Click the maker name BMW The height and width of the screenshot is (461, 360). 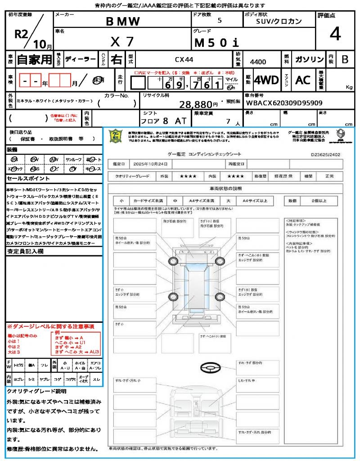(122, 21)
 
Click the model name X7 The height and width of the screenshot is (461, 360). (122, 41)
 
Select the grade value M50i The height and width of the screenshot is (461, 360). (216, 42)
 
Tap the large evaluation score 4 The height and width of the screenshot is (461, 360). (334, 33)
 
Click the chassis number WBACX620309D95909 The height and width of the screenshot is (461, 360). (284, 103)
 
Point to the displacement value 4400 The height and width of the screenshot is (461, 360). (258, 62)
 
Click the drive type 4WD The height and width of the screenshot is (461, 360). (266, 80)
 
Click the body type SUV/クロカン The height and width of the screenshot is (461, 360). (279, 21)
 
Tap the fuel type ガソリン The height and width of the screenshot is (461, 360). (309, 60)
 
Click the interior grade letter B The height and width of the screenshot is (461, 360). (345, 59)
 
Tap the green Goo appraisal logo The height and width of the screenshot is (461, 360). (116, 136)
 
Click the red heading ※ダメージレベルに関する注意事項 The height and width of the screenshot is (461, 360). (50, 326)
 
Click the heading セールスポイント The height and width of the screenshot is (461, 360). (24, 179)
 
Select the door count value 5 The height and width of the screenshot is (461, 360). (220, 21)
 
